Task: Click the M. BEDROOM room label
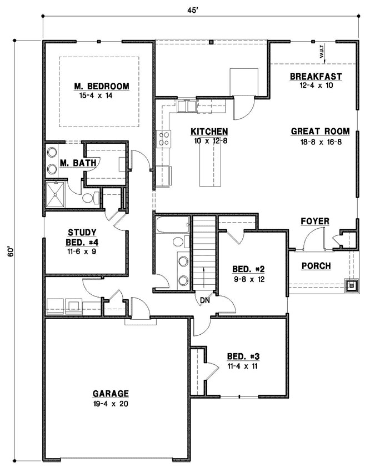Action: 102,86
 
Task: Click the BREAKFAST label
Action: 316,77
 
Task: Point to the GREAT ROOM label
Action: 320,132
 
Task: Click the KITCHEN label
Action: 209,132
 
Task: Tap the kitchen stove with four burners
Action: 164,138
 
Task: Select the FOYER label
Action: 315,222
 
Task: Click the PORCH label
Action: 316,266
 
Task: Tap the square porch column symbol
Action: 352,286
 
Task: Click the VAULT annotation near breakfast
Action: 321,53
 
